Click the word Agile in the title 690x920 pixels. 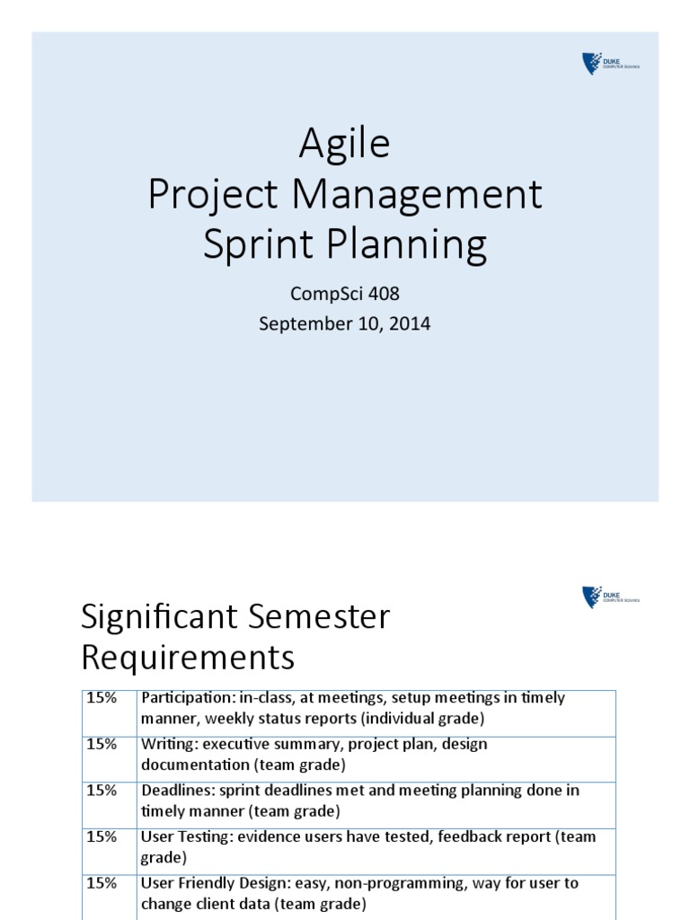[344, 144]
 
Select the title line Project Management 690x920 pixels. [345, 194]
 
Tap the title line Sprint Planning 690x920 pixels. [345, 245]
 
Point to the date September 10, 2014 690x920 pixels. [345, 323]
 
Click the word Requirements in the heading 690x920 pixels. [187, 659]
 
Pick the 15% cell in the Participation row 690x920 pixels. [102, 698]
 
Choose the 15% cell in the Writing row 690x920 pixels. [102, 745]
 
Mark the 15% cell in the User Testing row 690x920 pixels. [102, 837]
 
